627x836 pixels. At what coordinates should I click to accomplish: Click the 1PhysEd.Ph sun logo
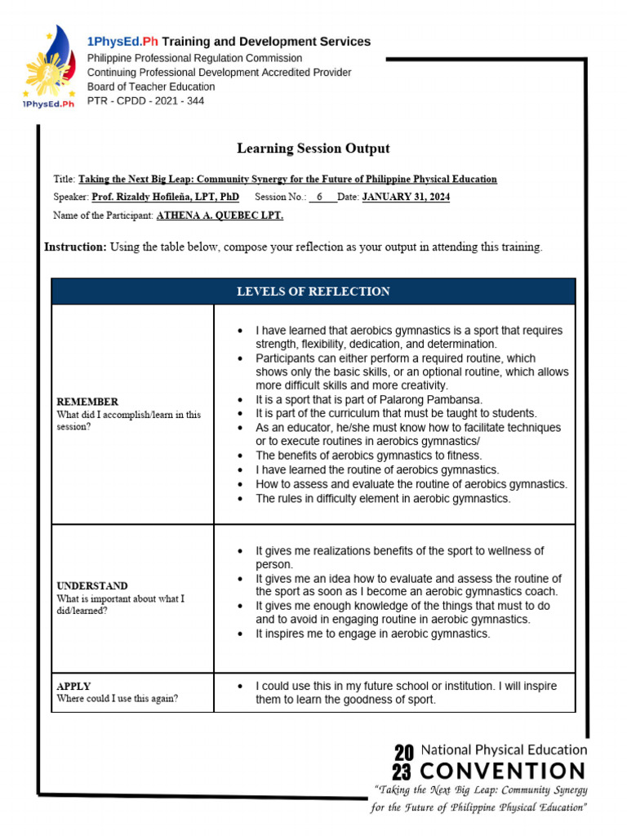[47, 66]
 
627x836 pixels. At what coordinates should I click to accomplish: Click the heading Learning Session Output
[313, 149]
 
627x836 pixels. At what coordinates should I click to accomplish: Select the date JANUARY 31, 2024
[405, 197]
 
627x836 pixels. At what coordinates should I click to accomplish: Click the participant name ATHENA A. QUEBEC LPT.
[220, 216]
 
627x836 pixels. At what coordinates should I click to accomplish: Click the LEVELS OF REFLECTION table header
[313, 291]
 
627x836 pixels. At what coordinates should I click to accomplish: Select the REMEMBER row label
[87, 402]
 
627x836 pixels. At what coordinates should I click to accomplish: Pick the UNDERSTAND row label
[91, 585]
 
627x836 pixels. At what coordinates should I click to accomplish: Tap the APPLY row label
[73, 687]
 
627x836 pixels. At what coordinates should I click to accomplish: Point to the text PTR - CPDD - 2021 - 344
[145, 101]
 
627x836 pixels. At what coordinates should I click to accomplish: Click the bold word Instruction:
[75, 247]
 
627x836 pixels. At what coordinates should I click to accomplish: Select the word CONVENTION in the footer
[503, 771]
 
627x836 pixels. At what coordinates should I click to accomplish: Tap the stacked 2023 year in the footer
[403, 761]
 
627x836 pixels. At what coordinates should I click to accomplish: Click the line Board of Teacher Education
[151, 87]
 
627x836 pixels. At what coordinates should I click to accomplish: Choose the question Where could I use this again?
[117, 699]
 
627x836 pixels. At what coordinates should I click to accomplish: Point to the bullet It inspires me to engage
[372, 634]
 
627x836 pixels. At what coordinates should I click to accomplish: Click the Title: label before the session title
[64, 179]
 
